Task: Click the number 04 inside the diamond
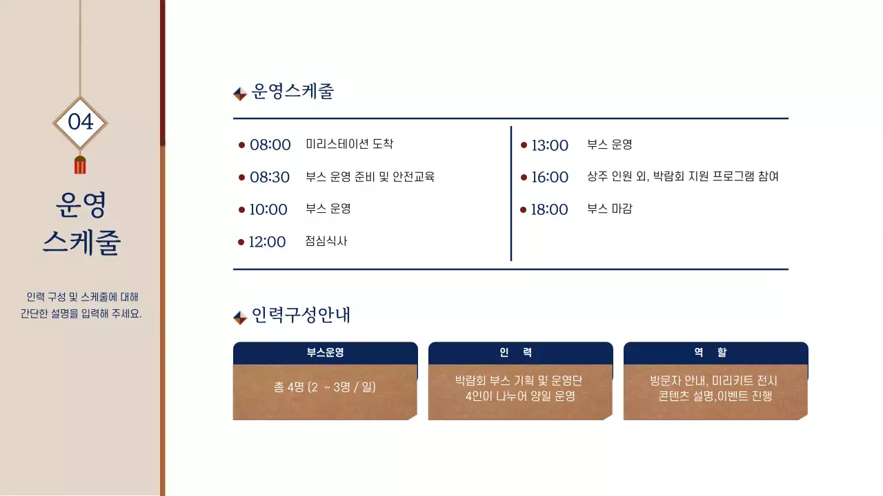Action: [x=80, y=122]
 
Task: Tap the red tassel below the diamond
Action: [x=80, y=165]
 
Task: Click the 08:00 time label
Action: [x=270, y=145]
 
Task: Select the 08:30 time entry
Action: [x=270, y=177]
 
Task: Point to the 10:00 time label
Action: [x=268, y=209]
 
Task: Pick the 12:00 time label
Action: [x=267, y=242]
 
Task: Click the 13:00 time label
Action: [x=550, y=145]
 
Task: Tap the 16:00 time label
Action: [x=550, y=177]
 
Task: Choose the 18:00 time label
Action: [x=549, y=209]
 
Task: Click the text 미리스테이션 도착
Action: [x=350, y=144]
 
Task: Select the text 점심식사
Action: [x=326, y=241]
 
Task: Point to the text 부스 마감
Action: [x=609, y=209]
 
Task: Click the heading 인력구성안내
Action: [x=301, y=316]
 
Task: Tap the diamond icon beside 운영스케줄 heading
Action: [x=240, y=94]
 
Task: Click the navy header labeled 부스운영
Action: [x=326, y=353]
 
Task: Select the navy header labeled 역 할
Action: [x=715, y=353]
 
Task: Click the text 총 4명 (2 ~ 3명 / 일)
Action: [x=325, y=387]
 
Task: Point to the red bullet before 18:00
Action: [x=523, y=209]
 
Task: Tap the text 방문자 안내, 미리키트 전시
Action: [x=714, y=380]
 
